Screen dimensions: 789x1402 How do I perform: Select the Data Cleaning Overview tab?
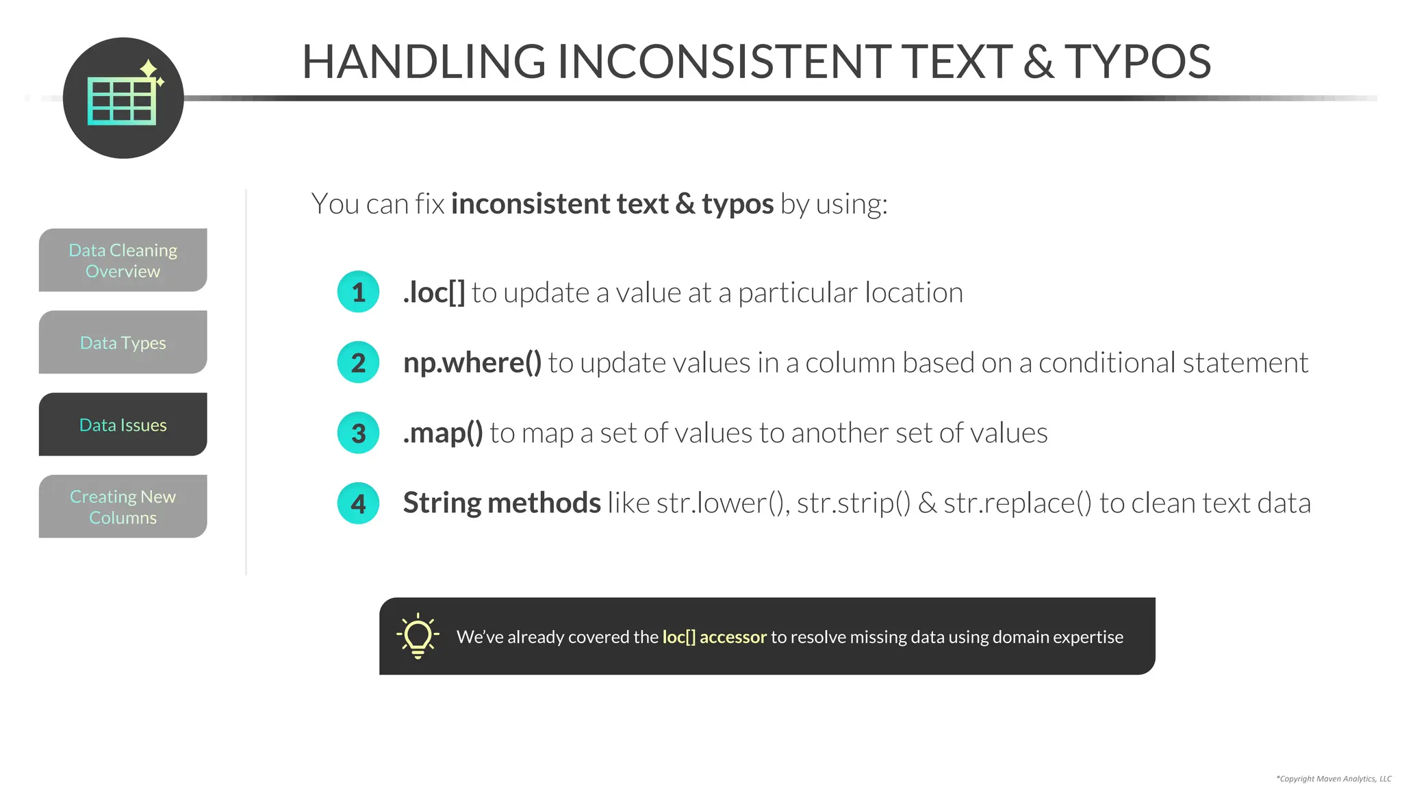click(123, 260)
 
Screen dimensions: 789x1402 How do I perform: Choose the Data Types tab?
click(123, 342)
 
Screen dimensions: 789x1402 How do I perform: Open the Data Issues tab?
click(123, 425)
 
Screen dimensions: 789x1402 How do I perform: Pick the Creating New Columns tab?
click(123, 507)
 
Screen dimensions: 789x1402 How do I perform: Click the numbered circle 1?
click(358, 292)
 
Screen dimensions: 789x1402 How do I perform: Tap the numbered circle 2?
click(358, 362)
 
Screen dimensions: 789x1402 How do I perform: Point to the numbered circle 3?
click(358, 433)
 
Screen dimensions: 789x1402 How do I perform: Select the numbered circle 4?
click(358, 503)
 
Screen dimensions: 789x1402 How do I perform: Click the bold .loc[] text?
click(434, 293)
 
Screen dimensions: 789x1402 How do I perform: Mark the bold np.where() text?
click(472, 363)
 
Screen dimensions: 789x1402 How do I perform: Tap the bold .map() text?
click(443, 433)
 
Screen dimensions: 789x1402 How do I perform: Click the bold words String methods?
click(502, 503)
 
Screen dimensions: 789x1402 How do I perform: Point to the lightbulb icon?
click(418, 636)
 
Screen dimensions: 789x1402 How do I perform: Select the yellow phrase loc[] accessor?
click(714, 637)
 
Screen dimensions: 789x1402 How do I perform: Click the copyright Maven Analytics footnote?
click(1333, 779)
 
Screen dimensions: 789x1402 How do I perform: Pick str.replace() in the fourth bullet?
click(1017, 503)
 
